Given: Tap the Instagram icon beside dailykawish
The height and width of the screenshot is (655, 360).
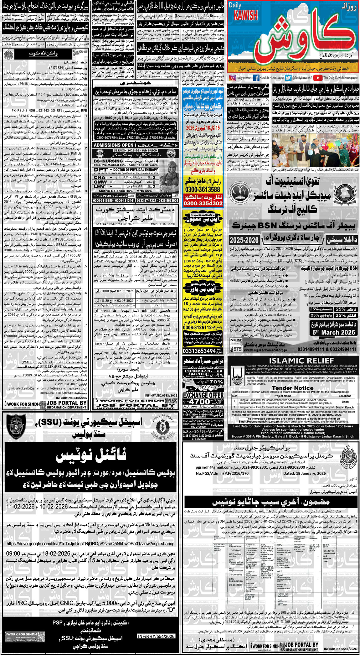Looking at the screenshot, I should (232, 78).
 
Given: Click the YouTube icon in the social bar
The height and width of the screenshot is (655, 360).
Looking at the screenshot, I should (318, 78).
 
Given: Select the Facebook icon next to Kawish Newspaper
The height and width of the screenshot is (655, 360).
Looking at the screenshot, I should (256, 78).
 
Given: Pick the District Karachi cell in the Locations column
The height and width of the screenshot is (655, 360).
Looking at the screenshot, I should (345, 407).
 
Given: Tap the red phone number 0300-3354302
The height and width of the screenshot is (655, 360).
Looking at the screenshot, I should (203, 204).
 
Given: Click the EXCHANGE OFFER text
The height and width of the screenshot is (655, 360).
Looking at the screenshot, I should (203, 395).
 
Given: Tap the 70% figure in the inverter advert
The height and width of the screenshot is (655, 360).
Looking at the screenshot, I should (216, 382).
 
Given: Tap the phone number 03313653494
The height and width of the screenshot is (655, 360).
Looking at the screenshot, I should (199, 351).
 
